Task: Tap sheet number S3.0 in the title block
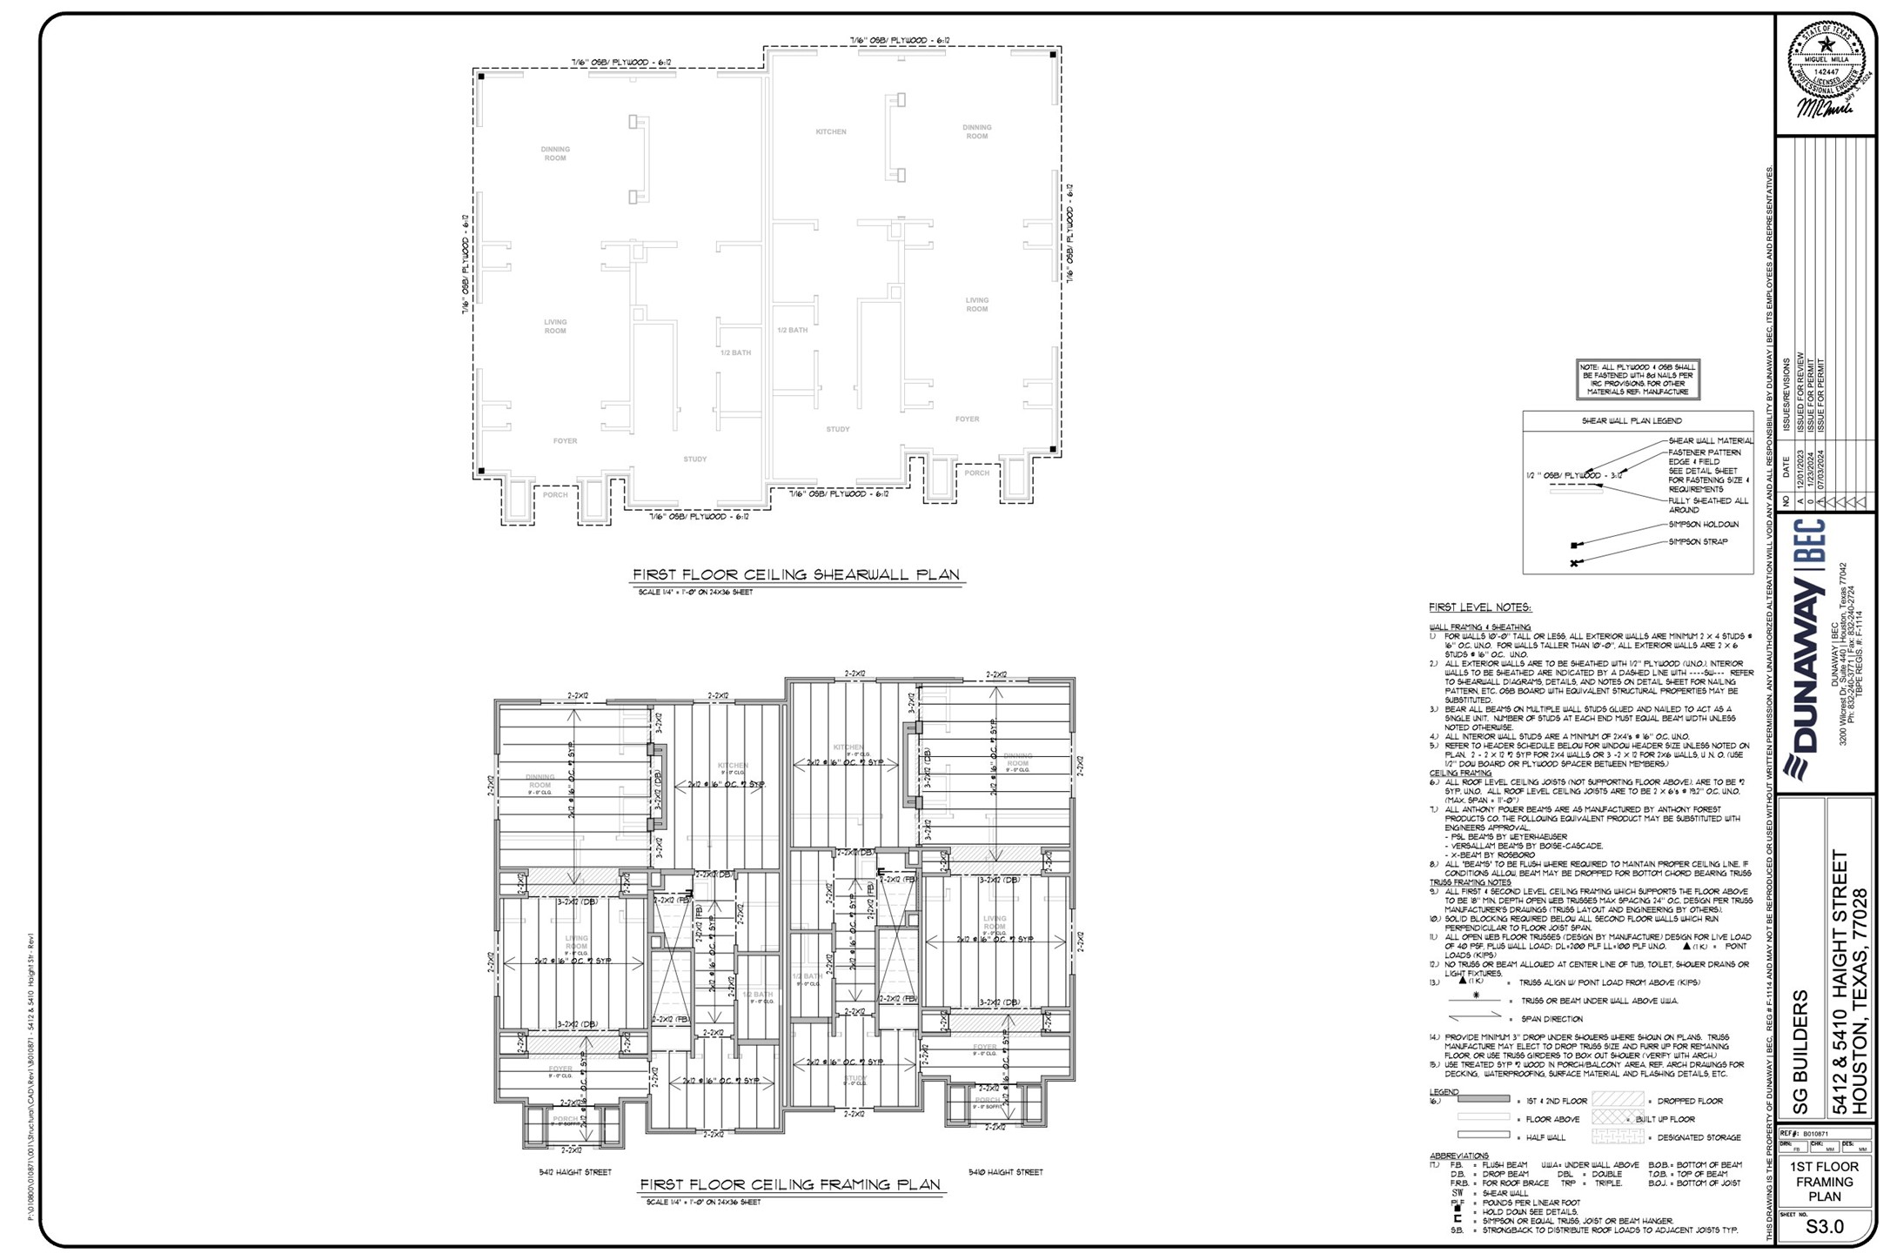[x=1824, y=1227]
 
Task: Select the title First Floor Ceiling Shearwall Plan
[x=795, y=575]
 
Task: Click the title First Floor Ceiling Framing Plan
[x=790, y=1185]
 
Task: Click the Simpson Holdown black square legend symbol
[x=1573, y=546]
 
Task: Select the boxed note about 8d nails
[x=1638, y=379]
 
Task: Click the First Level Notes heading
[x=1479, y=607]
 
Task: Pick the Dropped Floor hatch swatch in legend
[x=1617, y=1101]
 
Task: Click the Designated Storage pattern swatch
[x=1617, y=1136]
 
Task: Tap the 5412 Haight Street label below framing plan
[x=574, y=1172]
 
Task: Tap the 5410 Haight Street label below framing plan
[x=1005, y=1172]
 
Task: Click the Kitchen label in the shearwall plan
[x=830, y=132]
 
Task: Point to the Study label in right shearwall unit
[x=837, y=430]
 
